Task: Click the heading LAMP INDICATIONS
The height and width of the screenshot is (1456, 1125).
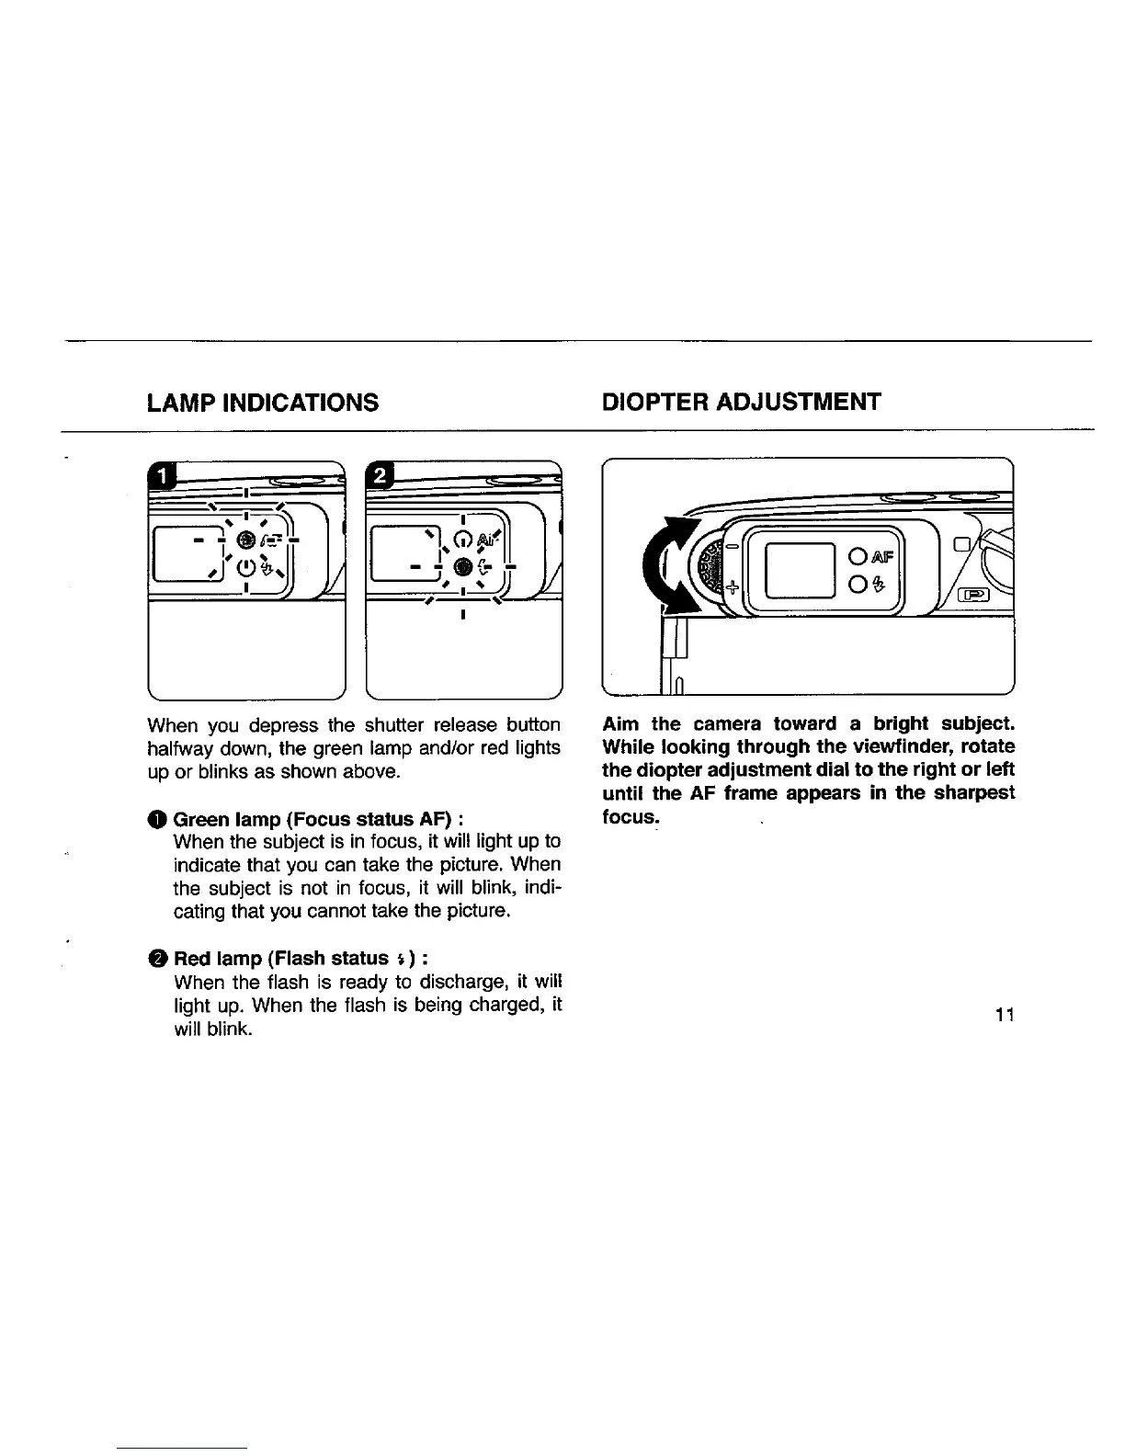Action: pos(263,402)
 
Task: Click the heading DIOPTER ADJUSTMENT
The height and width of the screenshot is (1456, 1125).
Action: pos(741,402)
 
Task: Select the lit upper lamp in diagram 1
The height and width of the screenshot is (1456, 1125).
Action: pos(245,539)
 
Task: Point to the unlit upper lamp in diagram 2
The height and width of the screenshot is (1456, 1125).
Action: pos(463,539)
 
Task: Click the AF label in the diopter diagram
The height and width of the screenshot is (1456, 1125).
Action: pos(881,556)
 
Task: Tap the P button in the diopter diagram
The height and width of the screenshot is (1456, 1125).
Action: pos(972,594)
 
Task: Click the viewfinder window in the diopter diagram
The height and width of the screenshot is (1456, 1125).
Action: pos(800,570)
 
